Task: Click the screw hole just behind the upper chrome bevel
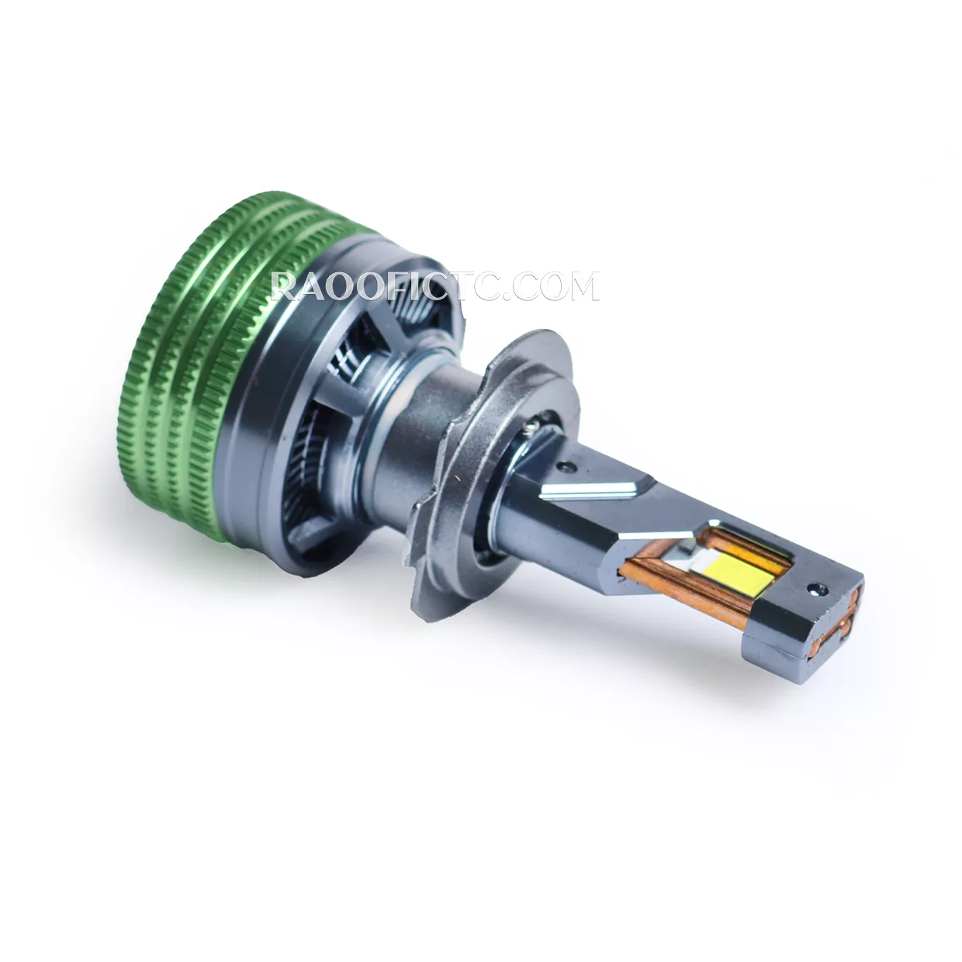[x=565, y=466]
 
